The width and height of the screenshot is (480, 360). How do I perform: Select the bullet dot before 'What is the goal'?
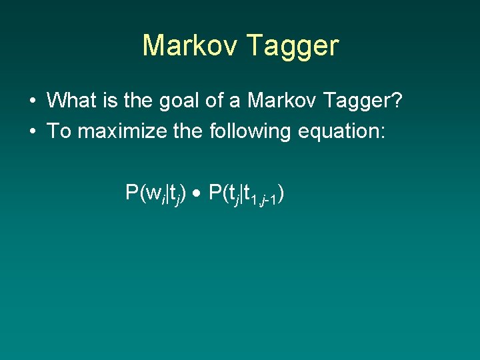tap(32, 101)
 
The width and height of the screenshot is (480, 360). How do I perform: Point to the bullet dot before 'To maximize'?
tap(32, 131)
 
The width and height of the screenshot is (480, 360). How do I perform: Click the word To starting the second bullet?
tap(59, 131)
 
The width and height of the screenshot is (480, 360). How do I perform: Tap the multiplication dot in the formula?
tap(199, 194)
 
